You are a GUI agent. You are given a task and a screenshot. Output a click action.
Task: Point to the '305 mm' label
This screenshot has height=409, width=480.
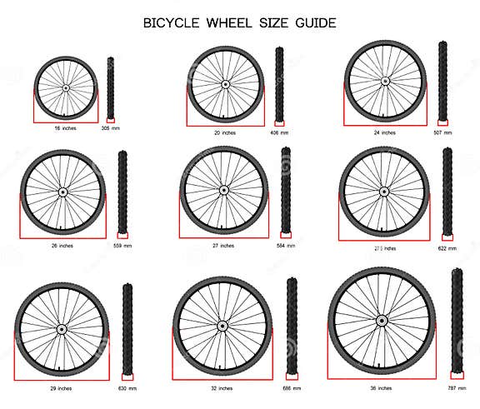click(110, 129)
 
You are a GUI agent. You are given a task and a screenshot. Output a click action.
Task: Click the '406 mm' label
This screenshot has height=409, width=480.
click(279, 133)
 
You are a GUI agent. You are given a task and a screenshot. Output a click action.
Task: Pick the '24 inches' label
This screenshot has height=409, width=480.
click(384, 132)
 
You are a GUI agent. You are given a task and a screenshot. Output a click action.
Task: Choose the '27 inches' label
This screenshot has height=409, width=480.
click(222, 245)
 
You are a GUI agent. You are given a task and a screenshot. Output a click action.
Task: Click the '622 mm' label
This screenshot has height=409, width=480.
click(447, 249)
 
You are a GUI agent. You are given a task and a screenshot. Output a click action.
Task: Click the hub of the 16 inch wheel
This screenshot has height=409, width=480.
click(65, 87)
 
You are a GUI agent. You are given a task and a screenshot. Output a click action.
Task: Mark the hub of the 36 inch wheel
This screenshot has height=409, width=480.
click(381, 320)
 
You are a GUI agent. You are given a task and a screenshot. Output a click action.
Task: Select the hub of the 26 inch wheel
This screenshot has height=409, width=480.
click(62, 192)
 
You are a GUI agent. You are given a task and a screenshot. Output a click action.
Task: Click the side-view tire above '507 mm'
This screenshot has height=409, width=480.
click(443, 82)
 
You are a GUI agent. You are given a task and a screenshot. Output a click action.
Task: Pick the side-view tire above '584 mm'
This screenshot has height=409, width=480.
click(286, 190)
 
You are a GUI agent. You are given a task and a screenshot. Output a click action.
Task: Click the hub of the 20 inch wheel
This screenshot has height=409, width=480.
click(225, 83)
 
